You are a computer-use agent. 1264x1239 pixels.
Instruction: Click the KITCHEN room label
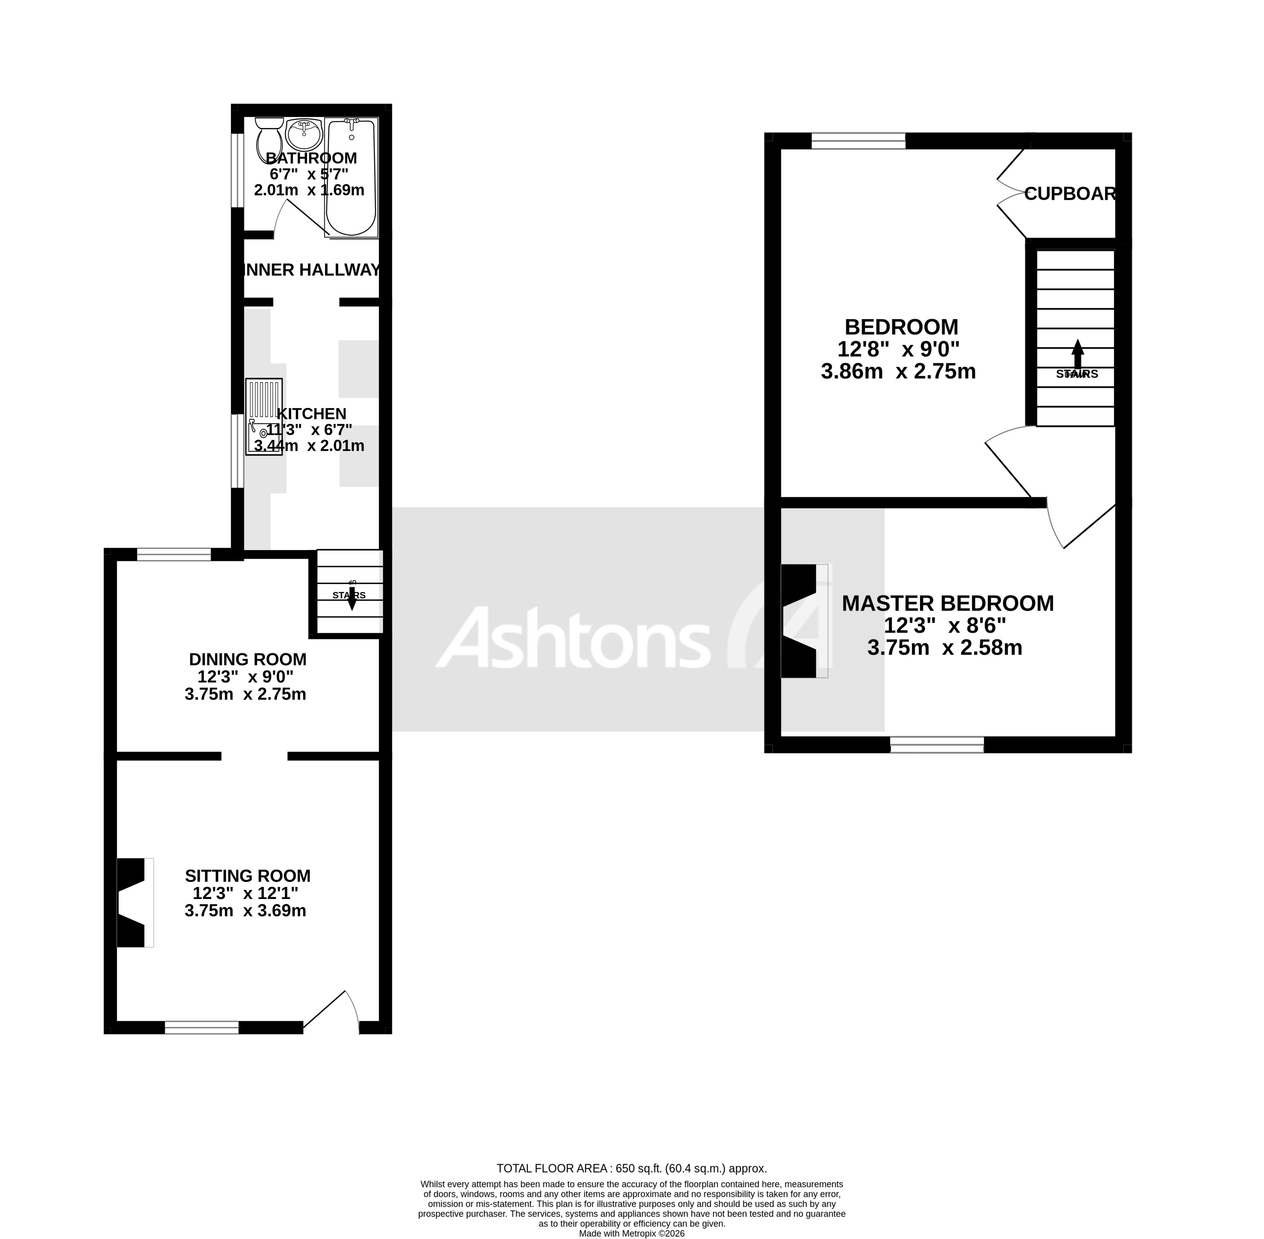[x=312, y=413]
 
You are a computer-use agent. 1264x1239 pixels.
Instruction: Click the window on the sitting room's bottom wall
[x=202, y=1027]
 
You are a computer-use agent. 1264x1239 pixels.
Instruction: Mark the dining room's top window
[x=174, y=555]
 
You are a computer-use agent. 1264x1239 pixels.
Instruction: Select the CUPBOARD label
[x=1070, y=194]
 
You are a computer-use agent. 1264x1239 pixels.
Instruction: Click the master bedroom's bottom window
[x=937, y=744]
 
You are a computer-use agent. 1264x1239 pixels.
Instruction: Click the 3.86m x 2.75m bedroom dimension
[x=898, y=371]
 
